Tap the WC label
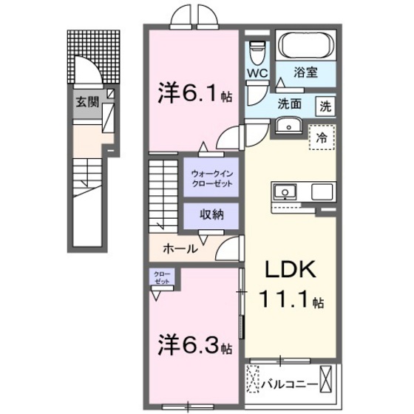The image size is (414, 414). coord(257,73)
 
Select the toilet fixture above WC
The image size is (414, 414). coord(257,52)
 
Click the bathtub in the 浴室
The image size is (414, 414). coord(306,47)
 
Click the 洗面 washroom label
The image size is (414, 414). coord(289,105)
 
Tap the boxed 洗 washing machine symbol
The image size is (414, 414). coord(325,105)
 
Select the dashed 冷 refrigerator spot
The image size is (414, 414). coord(321,138)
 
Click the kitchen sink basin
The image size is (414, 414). coord(283,192)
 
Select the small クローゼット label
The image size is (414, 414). coord(160,277)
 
